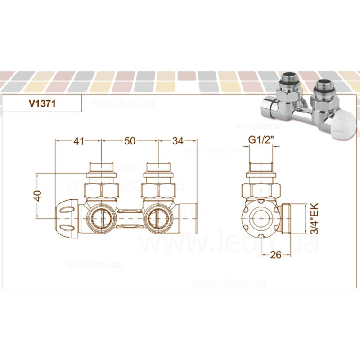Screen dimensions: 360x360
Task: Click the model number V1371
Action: pyautogui.click(x=41, y=103)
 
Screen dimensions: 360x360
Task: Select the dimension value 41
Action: pyautogui.click(x=79, y=141)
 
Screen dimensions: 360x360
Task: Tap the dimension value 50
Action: pyautogui.click(x=130, y=141)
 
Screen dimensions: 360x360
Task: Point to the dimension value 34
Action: pyautogui.click(x=178, y=141)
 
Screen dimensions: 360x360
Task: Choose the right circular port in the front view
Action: pyautogui.click(x=157, y=217)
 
